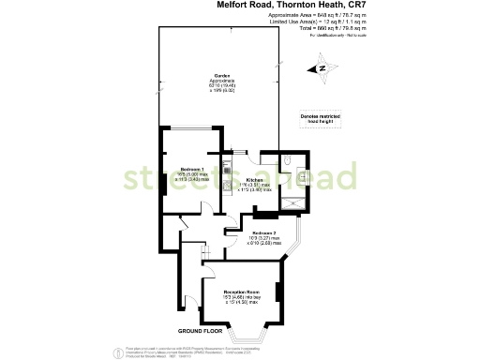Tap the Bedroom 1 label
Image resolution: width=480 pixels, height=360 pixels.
pyautogui.click(x=192, y=169)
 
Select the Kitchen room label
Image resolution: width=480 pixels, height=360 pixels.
pyautogui.click(x=254, y=179)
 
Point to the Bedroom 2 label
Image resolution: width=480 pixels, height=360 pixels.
pyautogui.click(x=262, y=232)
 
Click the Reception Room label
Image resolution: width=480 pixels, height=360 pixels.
pyautogui.click(x=240, y=293)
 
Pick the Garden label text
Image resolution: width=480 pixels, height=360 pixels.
pyautogui.click(x=222, y=74)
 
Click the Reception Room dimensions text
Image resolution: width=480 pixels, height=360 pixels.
pyautogui.click(x=241, y=302)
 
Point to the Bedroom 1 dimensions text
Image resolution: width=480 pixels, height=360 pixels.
pyautogui.click(x=193, y=177)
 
